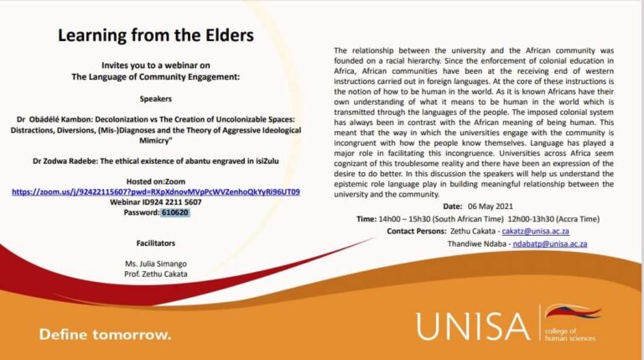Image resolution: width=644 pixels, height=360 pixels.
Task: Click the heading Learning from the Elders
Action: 156,35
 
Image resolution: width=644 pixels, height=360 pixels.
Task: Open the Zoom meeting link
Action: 156,192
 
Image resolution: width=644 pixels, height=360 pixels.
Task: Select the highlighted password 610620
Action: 175,212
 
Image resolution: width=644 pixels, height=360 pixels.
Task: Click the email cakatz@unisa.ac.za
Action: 536,232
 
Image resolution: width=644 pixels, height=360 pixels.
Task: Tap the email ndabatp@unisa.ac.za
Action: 550,243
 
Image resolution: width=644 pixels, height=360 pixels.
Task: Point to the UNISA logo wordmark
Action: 473,326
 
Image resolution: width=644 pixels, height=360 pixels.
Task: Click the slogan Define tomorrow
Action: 105,335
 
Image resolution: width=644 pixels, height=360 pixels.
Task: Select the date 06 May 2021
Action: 491,206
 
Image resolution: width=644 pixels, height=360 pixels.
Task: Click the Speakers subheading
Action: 156,99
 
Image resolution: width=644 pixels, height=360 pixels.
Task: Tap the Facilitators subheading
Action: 156,243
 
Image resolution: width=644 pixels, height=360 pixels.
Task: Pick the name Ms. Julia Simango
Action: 156,263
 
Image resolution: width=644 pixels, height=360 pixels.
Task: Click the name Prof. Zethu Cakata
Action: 156,274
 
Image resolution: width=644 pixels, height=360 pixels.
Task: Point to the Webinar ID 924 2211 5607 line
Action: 156,202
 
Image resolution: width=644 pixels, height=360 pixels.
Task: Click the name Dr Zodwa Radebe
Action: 65,161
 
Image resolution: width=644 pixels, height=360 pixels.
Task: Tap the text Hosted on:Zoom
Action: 156,181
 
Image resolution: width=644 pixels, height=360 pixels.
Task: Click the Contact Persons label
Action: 417,232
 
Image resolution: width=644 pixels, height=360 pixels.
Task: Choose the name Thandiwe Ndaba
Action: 477,243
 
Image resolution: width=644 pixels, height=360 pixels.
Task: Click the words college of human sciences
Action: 569,335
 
